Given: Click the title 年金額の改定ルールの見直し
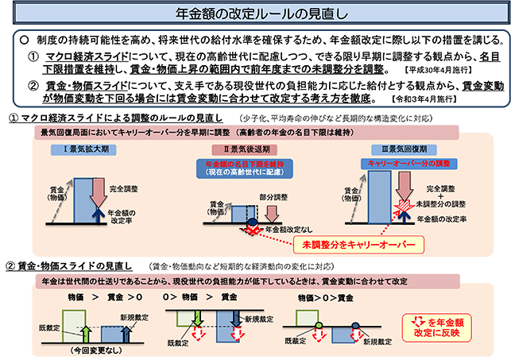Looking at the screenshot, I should (254, 14).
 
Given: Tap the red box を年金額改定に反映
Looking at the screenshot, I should (447, 327).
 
